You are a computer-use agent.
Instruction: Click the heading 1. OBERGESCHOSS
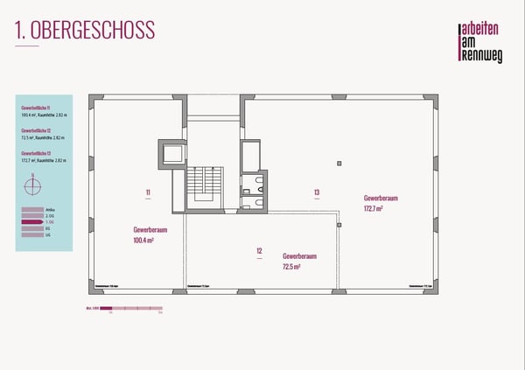[85, 30]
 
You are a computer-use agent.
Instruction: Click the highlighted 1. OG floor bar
[31, 222]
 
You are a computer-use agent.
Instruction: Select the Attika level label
[49, 210]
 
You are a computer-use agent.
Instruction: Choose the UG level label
[48, 235]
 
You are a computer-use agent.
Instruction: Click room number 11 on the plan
[149, 191]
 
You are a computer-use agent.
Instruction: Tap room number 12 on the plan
[260, 251]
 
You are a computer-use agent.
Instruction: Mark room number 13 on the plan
[317, 191]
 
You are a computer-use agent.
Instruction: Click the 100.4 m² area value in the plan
[143, 240]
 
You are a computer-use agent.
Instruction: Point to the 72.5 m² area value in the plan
[293, 267]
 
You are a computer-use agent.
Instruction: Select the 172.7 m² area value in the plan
[374, 209]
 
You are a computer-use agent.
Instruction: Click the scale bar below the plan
[130, 309]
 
